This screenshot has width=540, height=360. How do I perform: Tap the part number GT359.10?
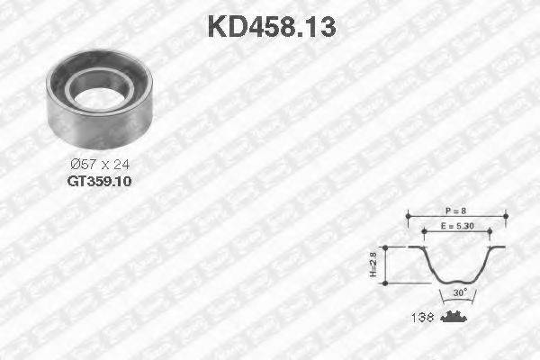[99, 181]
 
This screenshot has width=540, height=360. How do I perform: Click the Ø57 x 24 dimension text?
[99, 164]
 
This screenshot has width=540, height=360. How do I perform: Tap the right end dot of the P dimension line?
[505, 215]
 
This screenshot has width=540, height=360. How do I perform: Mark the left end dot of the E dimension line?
[423, 232]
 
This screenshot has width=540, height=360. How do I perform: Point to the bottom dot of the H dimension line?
[384, 283]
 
